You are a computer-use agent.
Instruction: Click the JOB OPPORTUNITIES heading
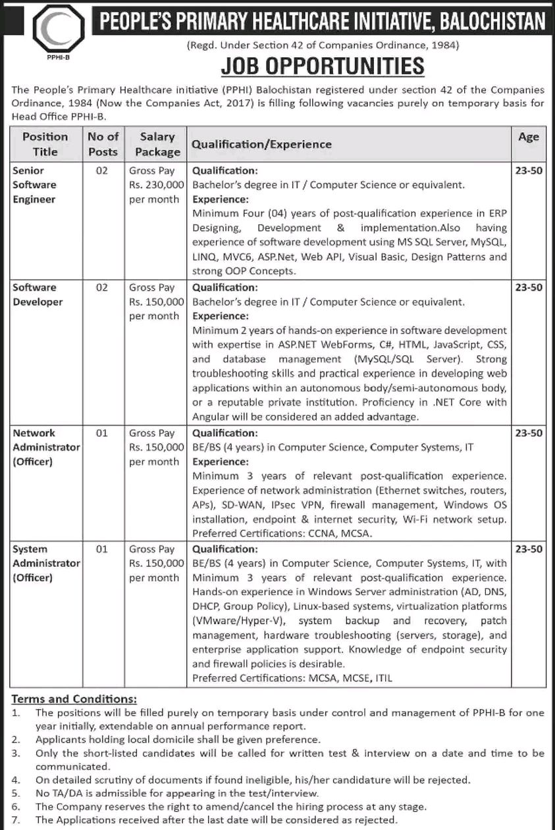point(323,67)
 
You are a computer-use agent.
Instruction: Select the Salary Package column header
point(157,144)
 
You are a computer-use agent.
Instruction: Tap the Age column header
point(528,137)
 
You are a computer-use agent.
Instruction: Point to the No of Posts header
point(103,144)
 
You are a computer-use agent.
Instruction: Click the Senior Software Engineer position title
point(35,184)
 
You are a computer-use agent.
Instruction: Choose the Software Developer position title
point(38,295)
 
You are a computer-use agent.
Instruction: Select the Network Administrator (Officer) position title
point(45,447)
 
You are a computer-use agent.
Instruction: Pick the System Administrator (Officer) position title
point(45,564)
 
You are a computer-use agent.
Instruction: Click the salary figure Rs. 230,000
point(157,185)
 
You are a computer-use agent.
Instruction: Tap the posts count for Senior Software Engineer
point(101,170)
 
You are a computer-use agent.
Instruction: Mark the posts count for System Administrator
point(101,549)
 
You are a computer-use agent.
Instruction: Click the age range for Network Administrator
point(528,433)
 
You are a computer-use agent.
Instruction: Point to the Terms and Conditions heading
point(74,698)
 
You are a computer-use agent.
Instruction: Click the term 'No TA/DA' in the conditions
point(57,793)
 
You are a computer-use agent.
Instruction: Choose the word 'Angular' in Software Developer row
point(211,417)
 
